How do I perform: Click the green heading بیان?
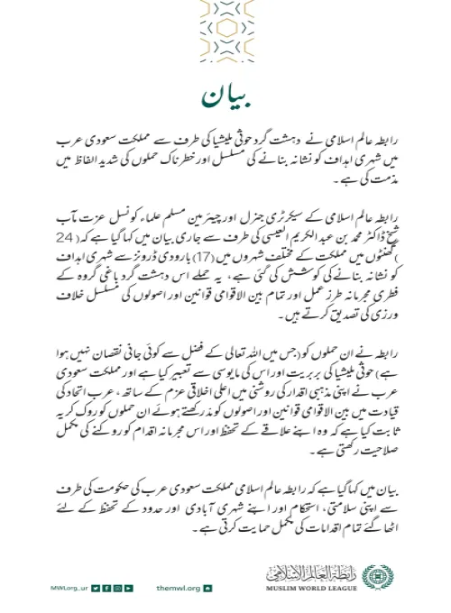(225, 94)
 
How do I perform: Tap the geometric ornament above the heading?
(225, 32)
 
